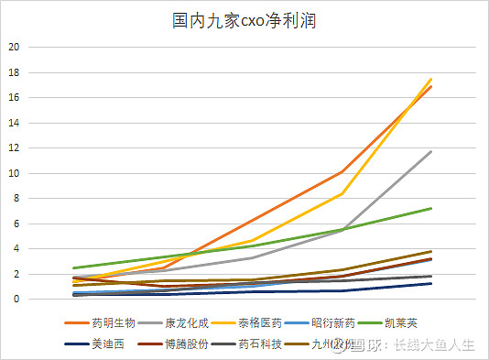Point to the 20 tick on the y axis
click(x=13, y=47)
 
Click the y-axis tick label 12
click(x=13, y=147)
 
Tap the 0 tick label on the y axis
click(x=16, y=299)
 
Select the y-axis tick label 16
click(x=13, y=97)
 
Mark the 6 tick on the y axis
click(x=16, y=224)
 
